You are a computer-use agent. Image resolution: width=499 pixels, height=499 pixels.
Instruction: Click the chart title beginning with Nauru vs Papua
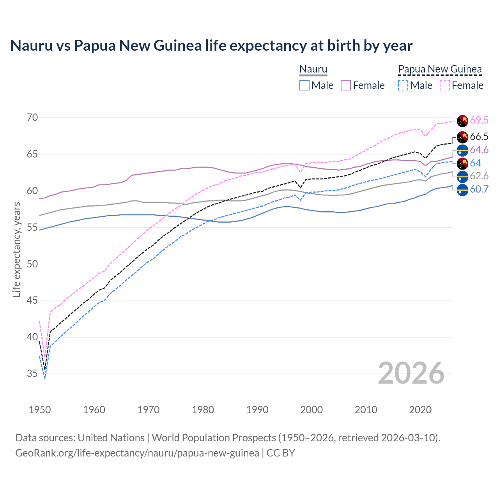tap(211, 46)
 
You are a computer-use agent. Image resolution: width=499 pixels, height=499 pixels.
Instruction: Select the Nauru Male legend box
tap(304, 85)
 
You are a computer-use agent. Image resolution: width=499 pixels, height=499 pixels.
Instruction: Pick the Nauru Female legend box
tap(346, 85)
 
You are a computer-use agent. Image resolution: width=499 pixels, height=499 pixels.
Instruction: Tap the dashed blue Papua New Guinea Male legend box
tap(403, 85)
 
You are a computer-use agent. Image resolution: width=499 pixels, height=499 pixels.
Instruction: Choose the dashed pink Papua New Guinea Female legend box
tap(445, 85)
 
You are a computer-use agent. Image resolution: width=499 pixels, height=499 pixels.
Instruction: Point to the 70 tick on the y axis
tap(32, 118)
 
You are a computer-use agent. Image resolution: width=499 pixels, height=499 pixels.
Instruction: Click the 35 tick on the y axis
tap(32, 374)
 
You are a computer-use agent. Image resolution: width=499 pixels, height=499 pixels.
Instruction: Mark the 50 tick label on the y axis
tap(32, 264)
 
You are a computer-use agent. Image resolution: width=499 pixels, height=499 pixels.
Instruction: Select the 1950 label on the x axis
tap(40, 410)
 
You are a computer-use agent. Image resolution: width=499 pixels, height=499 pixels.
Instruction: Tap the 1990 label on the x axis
tap(257, 410)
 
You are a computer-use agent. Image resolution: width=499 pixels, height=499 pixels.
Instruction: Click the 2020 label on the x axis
tap(420, 410)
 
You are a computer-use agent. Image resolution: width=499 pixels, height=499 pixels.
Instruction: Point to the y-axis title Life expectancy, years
tap(16, 249)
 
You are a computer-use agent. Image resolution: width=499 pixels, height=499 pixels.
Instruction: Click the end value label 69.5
tap(479, 120)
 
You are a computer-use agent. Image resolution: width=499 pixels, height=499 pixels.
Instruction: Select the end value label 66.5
tap(479, 136)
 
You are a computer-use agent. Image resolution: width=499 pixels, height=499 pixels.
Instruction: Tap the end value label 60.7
tap(479, 189)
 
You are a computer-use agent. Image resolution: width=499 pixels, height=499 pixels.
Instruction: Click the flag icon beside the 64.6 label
tap(462, 150)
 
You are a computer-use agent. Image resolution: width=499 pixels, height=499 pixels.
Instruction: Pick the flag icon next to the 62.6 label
tap(462, 176)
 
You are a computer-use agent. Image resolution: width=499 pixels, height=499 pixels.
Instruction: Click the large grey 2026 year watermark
tap(411, 373)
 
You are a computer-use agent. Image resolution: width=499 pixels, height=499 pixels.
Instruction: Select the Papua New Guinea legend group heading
tap(440, 69)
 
